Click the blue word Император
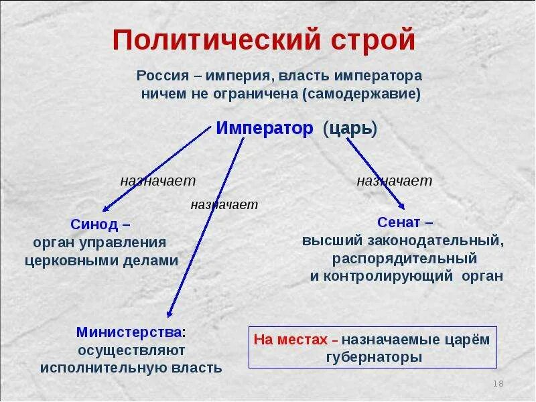(265, 129)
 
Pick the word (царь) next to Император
(350, 129)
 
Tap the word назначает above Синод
(158, 181)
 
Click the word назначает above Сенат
(394, 181)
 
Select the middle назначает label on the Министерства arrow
(224, 204)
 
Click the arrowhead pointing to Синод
(103, 209)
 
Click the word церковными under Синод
(80, 261)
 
